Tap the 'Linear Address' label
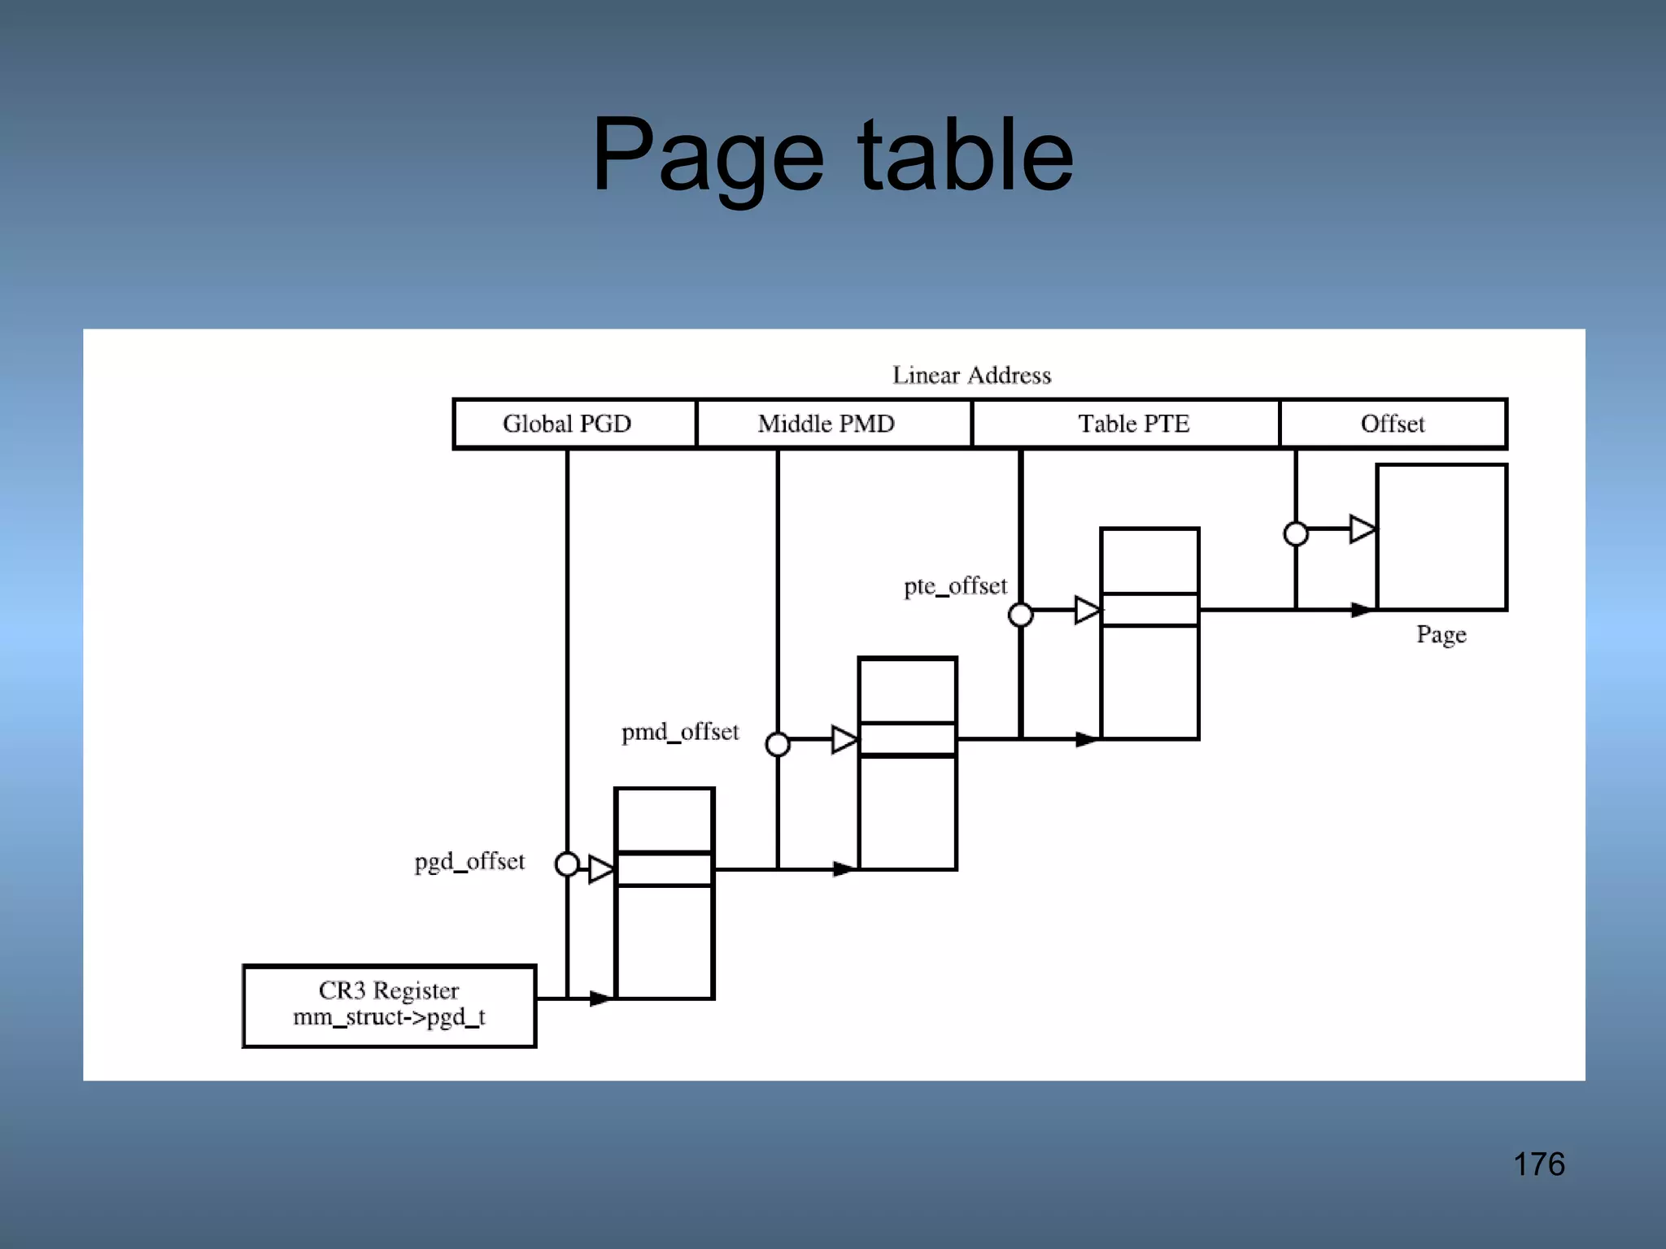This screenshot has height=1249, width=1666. [971, 375]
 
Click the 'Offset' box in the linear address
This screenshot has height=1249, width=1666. [1393, 424]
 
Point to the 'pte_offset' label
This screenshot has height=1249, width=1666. [955, 586]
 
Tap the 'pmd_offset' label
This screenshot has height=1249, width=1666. [680, 732]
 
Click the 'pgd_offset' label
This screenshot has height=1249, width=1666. [469, 862]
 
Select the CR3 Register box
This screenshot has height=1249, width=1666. [389, 1005]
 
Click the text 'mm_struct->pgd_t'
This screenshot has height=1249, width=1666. [389, 1017]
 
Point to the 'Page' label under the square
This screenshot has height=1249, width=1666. [1441, 634]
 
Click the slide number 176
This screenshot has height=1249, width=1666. [1538, 1164]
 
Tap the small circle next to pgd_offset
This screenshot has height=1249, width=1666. [567, 864]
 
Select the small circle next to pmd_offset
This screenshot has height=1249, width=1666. [778, 744]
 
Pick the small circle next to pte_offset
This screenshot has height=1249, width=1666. [1020, 615]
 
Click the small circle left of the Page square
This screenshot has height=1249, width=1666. [1296, 534]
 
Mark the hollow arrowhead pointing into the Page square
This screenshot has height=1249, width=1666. [1362, 529]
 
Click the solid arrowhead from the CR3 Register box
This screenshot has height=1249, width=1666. [600, 998]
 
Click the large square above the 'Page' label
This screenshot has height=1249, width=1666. [1441, 537]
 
